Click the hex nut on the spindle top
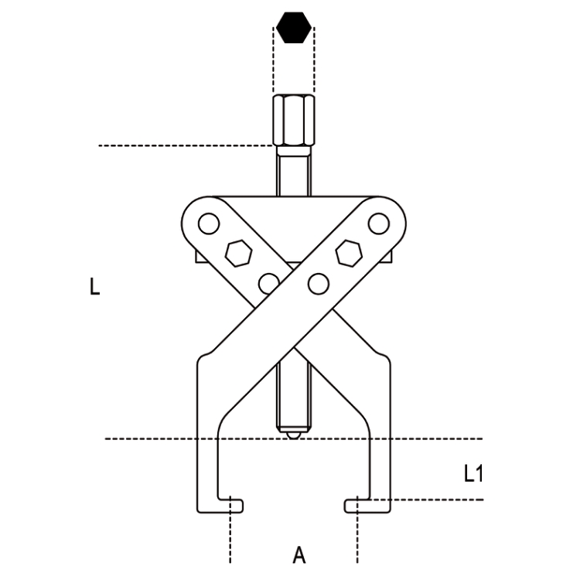pyautogui.click(x=293, y=121)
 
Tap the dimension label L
pyautogui.click(x=94, y=288)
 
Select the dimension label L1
pyautogui.click(x=473, y=473)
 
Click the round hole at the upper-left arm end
pyautogui.click(x=206, y=225)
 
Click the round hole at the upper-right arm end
pyautogui.click(x=377, y=223)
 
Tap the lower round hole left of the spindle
pyautogui.click(x=268, y=283)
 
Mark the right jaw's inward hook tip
pyautogui.click(x=350, y=506)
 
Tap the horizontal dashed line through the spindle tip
pyautogui.click(x=155, y=439)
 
